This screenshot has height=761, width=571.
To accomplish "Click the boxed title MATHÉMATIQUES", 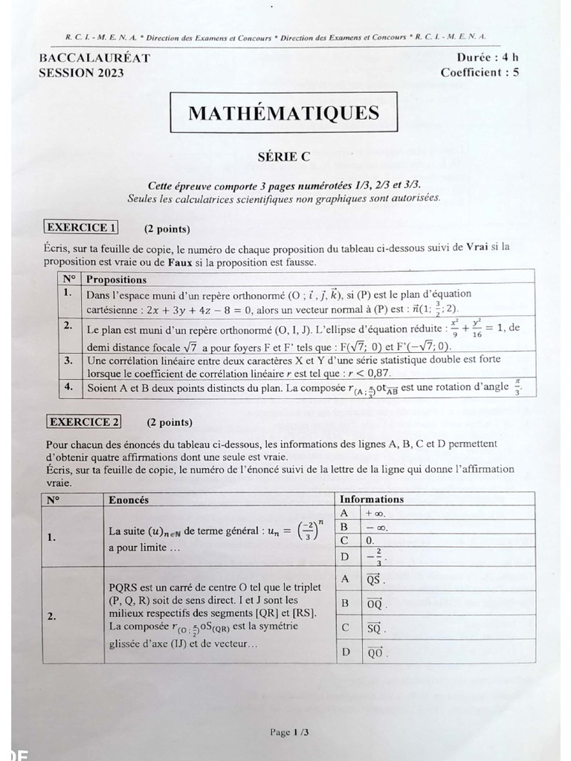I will tap(283, 113).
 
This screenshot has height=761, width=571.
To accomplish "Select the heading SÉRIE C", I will tap(283, 157).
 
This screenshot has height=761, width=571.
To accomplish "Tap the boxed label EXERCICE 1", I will tap(82, 227).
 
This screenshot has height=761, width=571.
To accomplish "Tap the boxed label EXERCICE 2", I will tap(84, 422).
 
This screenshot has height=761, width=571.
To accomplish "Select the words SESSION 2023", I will tap(81, 72).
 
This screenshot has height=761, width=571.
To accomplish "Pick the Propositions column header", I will tap(117, 279).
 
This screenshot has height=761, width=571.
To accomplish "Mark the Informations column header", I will tap(372, 499).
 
